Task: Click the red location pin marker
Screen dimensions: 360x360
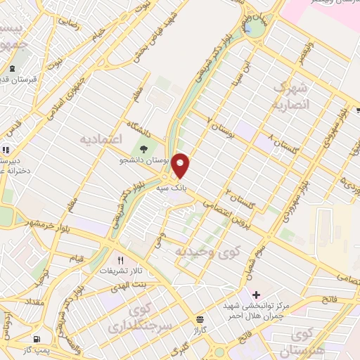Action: pyautogui.click(x=181, y=165)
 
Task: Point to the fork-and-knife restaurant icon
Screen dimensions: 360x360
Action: pyautogui.click(x=120, y=259)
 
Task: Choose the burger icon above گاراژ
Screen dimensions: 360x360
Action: pyautogui.click(x=200, y=319)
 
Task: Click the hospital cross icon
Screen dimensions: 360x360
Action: pyautogui.click(x=255, y=294)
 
